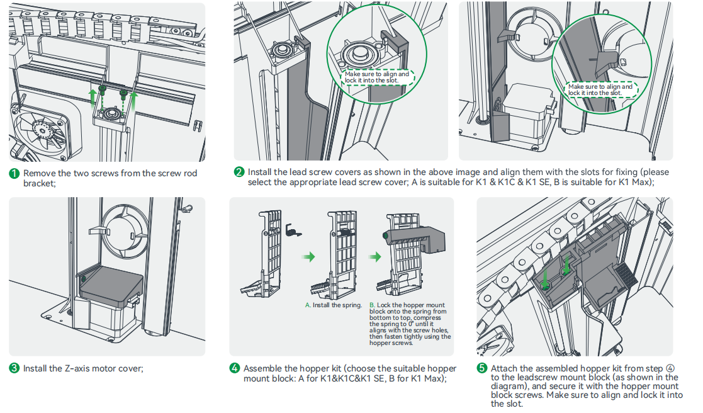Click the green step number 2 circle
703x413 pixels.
point(239,173)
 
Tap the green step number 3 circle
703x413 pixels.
point(14,368)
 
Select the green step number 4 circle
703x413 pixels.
point(234,368)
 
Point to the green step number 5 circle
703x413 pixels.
point(481,368)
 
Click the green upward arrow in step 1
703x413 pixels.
point(93,97)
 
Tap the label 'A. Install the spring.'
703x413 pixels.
point(334,305)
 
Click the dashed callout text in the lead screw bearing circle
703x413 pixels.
point(376,77)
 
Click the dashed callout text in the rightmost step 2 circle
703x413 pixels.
point(600,90)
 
